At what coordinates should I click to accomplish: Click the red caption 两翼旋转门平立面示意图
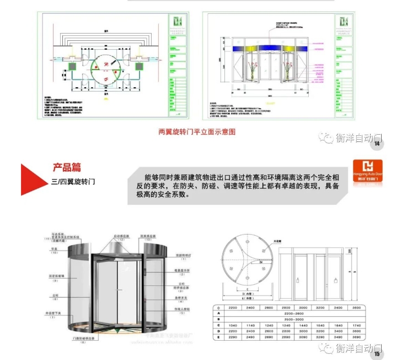[x=196, y=132]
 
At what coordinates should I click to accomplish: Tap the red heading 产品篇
[x=67, y=167]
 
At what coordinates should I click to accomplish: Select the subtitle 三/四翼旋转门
[x=72, y=181]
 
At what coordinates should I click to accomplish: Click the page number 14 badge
[x=377, y=144]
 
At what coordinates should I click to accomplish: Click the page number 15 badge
[x=377, y=354]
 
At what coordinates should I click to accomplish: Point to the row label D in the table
[x=218, y=331]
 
